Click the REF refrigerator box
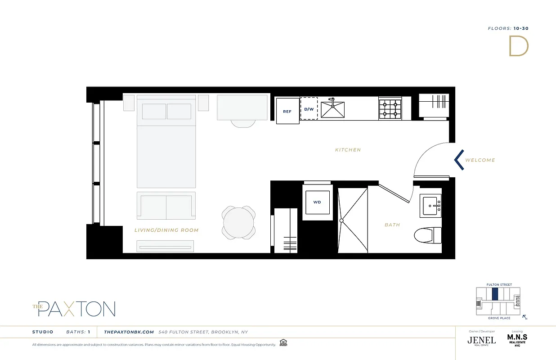(x=287, y=111)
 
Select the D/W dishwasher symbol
(x=309, y=108)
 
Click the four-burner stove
(x=390, y=109)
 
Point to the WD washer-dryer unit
(x=317, y=202)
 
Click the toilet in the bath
(x=428, y=234)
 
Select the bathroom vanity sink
(x=431, y=205)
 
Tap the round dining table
(x=239, y=223)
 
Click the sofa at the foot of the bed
(x=166, y=206)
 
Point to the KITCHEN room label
(x=348, y=150)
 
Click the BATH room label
(x=392, y=225)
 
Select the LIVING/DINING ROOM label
(x=166, y=230)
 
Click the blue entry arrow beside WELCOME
(x=459, y=160)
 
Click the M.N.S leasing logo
(x=517, y=338)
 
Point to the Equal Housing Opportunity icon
(x=283, y=342)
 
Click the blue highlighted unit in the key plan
(x=495, y=294)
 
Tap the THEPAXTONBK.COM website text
(x=129, y=332)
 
